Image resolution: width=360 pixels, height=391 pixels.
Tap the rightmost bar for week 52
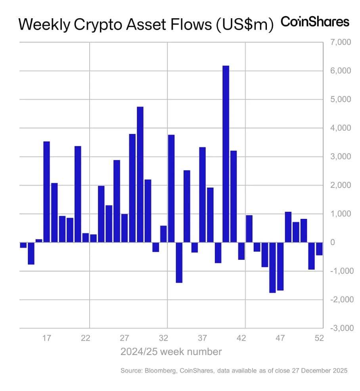(319, 249)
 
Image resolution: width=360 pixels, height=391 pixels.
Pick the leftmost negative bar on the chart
(23, 245)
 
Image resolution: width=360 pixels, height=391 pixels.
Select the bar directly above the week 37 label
(202, 194)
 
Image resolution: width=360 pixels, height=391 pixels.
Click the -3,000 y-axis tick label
(337, 328)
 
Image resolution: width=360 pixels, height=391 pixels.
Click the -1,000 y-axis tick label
(337, 271)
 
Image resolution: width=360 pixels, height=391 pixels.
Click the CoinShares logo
(315, 22)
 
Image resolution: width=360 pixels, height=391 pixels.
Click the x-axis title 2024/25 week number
(171, 351)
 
